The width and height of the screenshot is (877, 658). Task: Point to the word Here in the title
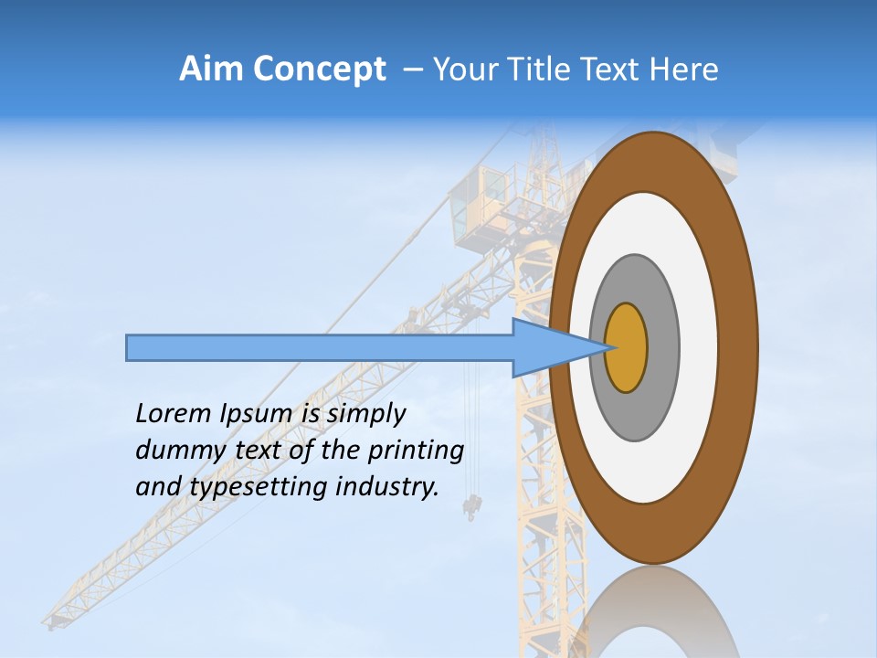click(x=684, y=69)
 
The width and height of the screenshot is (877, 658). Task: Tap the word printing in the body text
click(x=416, y=451)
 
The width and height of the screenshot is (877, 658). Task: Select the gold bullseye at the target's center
click(x=627, y=348)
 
